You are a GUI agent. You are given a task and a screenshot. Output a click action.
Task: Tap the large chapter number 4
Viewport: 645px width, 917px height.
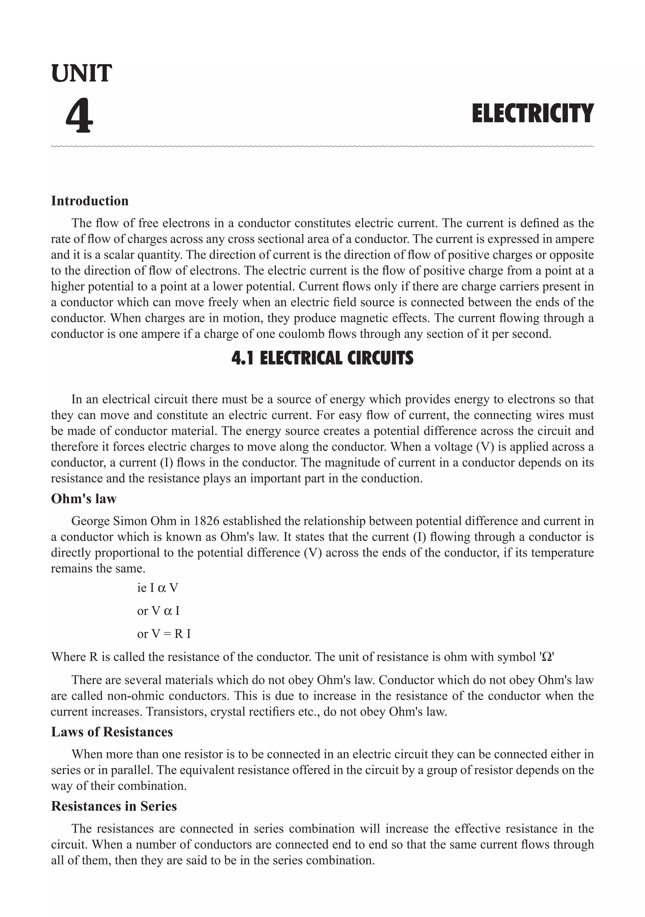tap(79, 116)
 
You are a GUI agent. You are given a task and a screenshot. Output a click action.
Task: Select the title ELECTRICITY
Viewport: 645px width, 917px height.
tap(533, 113)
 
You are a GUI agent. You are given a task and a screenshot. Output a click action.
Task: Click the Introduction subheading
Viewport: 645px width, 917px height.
tap(90, 201)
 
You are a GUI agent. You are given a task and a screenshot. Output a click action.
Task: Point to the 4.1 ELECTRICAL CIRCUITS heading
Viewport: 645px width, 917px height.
tap(322, 358)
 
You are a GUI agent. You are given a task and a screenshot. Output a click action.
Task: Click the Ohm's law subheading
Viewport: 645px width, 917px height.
tap(84, 499)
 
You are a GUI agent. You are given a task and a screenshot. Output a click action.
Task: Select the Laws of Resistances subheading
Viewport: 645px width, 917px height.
tap(112, 732)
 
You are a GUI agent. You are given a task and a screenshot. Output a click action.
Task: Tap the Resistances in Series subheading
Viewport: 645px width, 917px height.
tap(114, 806)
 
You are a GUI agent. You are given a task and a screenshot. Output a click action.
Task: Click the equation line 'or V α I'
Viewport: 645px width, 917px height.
tap(158, 611)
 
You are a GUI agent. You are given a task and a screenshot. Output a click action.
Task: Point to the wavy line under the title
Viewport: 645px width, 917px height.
tap(322, 147)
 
